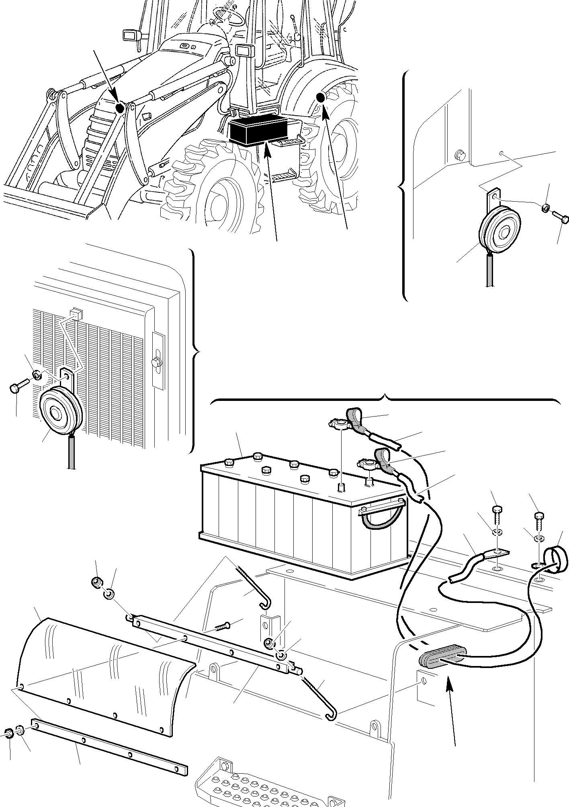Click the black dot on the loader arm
point(119,108)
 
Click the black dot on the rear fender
point(320,97)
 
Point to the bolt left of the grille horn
point(18,387)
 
